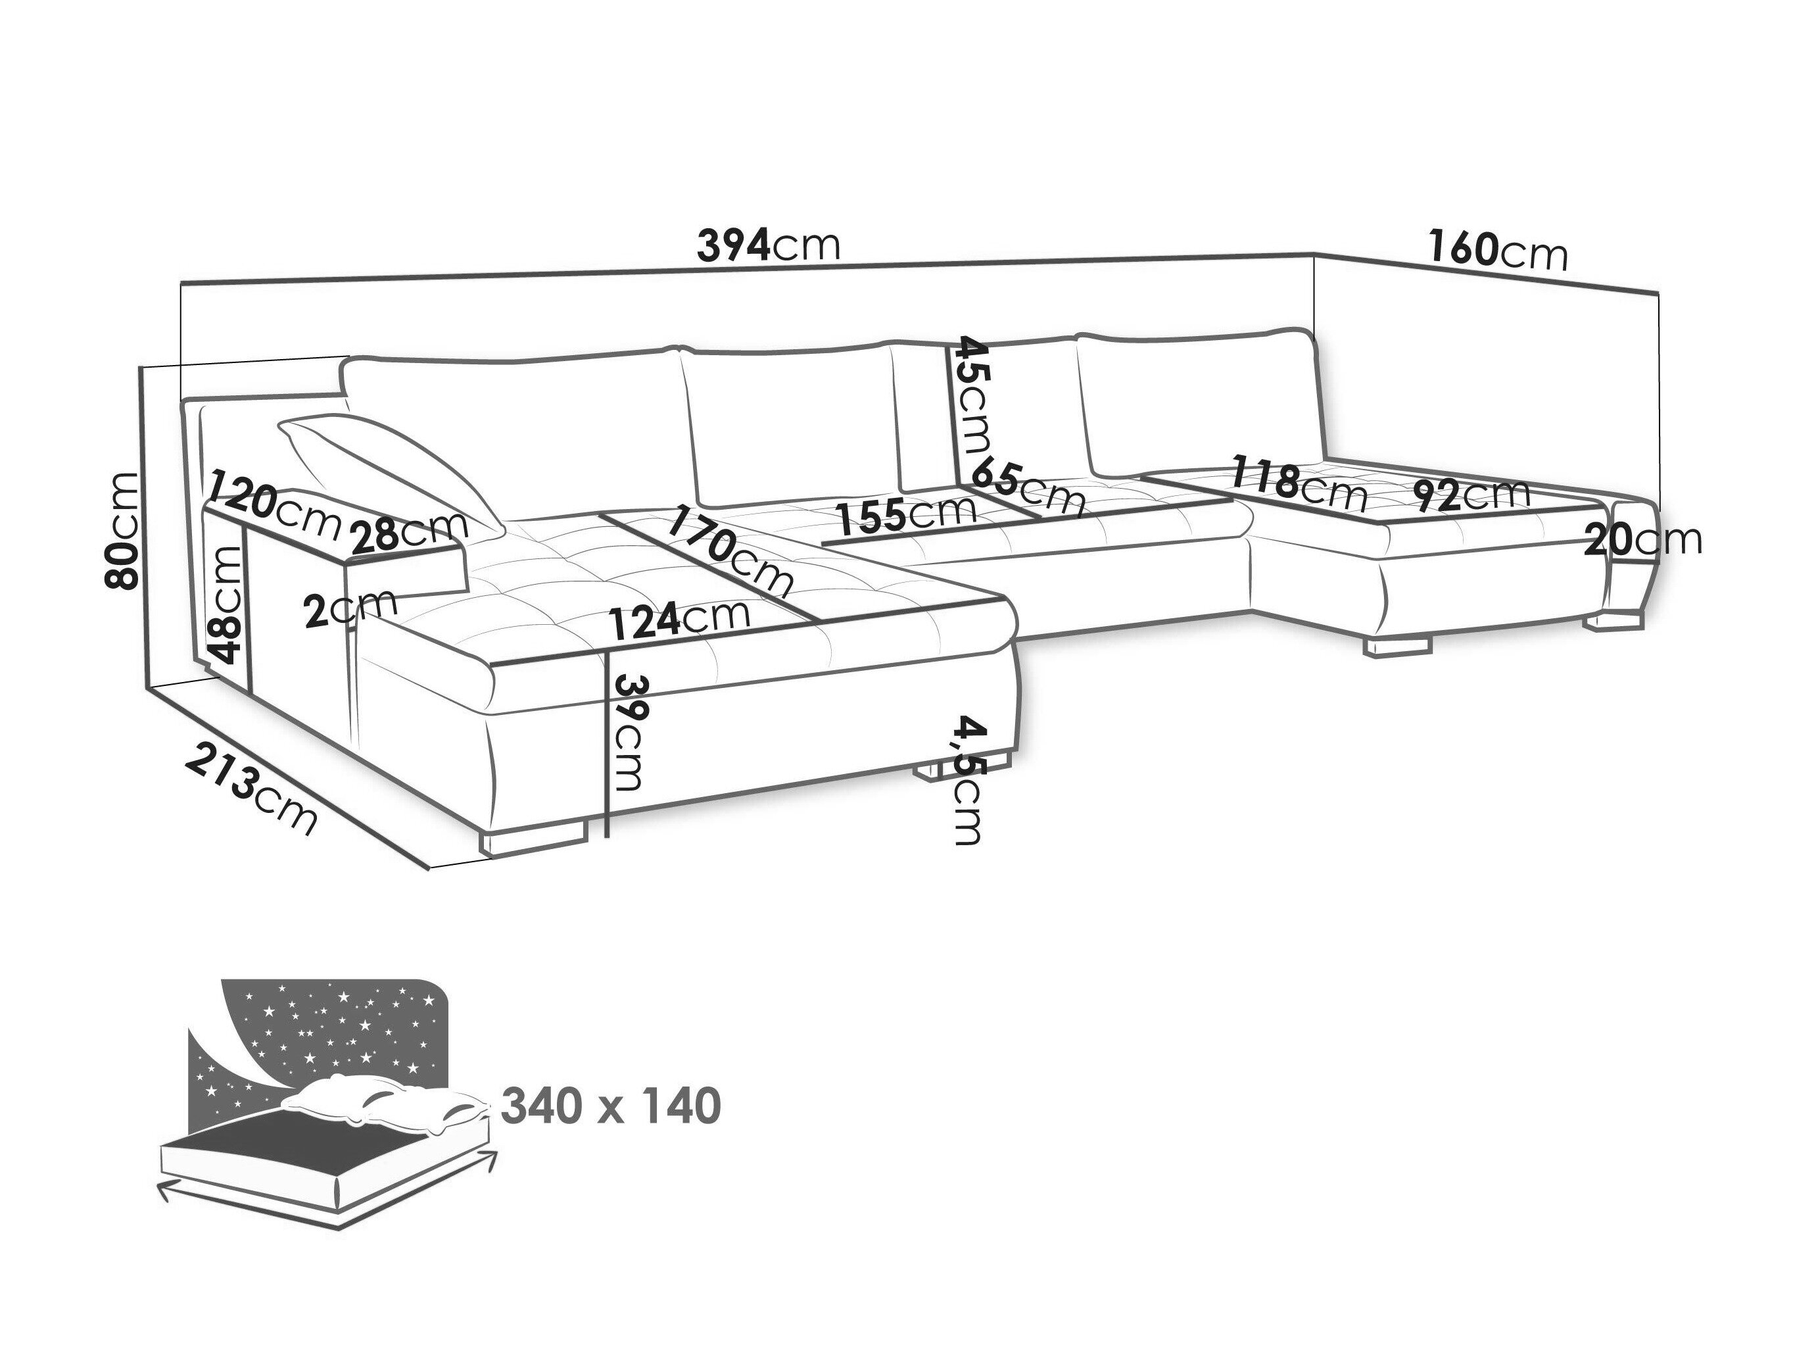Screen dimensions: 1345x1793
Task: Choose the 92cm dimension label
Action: (1470, 494)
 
